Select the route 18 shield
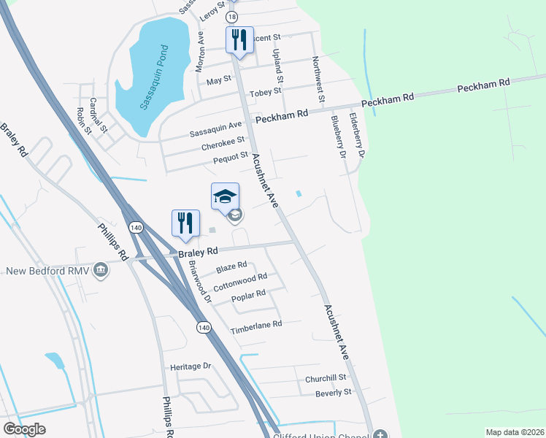click(232, 16)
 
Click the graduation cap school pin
click(225, 196)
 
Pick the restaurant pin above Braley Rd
click(185, 223)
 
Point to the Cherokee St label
click(223, 146)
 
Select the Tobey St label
click(265, 92)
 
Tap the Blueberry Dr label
click(337, 137)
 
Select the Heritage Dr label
click(190, 366)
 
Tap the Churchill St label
click(326, 378)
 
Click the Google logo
click(24, 429)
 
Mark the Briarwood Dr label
click(199, 283)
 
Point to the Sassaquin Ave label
click(215, 134)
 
